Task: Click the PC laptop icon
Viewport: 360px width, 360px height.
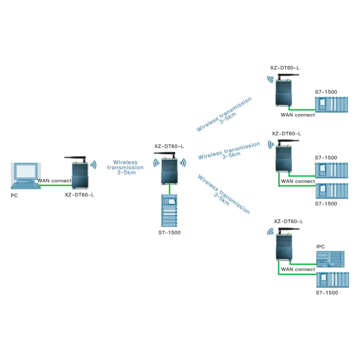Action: click(x=25, y=176)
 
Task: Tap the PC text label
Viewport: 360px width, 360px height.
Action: click(x=14, y=196)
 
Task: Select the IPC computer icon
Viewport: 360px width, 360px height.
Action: click(x=331, y=259)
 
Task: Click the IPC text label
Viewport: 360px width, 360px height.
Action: click(x=321, y=246)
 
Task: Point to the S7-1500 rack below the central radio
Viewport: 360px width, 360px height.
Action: click(x=169, y=210)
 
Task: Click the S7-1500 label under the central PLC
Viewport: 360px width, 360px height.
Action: click(x=169, y=233)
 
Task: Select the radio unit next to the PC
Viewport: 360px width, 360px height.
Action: click(x=79, y=172)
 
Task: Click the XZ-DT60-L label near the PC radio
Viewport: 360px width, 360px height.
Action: click(x=79, y=195)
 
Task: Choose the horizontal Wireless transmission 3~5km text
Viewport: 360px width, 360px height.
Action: click(x=125, y=167)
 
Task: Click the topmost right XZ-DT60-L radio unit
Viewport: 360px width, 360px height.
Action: click(x=285, y=90)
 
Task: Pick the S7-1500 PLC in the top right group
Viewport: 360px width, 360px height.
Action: click(x=332, y=105)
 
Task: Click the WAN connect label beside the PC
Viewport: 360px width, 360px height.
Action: click(x=54, y=181)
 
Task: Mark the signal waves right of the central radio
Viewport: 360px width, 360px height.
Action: click(x=183, y=163)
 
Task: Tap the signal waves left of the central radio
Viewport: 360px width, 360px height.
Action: click(x=156, y=163)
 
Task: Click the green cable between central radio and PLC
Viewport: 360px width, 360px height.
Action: click(x=169, y=189)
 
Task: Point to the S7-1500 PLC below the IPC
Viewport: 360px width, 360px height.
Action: click(x=332, y=280)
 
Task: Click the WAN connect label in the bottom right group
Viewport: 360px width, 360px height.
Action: click(x=298, y=269)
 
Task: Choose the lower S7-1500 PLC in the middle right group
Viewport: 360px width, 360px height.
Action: click(x=332, y=191)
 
